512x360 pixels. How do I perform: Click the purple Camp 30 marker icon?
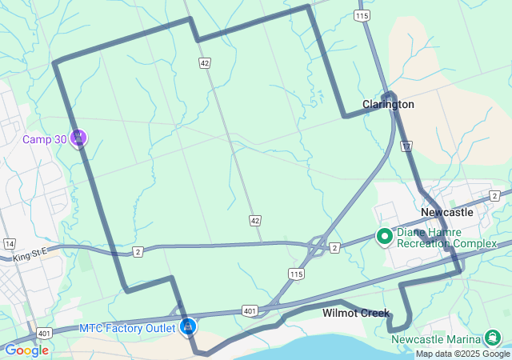tap(78, 138)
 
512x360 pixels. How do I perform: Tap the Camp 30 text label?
tap(45, 140)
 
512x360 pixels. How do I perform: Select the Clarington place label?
tap(388, 105)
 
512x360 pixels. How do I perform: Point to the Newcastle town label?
tap(447, 213)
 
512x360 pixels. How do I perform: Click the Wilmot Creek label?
tap(355, 313)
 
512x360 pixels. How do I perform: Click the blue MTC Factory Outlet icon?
tap(188, 326)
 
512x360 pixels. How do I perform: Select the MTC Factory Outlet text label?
tap(128, 328)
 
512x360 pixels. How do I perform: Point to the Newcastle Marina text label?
tap(437, 339)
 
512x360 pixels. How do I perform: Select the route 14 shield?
tap(10, 243)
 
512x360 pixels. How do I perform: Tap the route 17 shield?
tap(407, 146)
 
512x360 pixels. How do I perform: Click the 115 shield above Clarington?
tap(363, 15)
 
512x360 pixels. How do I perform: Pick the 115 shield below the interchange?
tap(296, 274)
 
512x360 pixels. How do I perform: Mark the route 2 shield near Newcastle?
tap(496, 196)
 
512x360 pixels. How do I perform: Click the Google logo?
tap(26, 350)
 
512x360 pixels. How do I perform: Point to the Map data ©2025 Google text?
tap(462, 354)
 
